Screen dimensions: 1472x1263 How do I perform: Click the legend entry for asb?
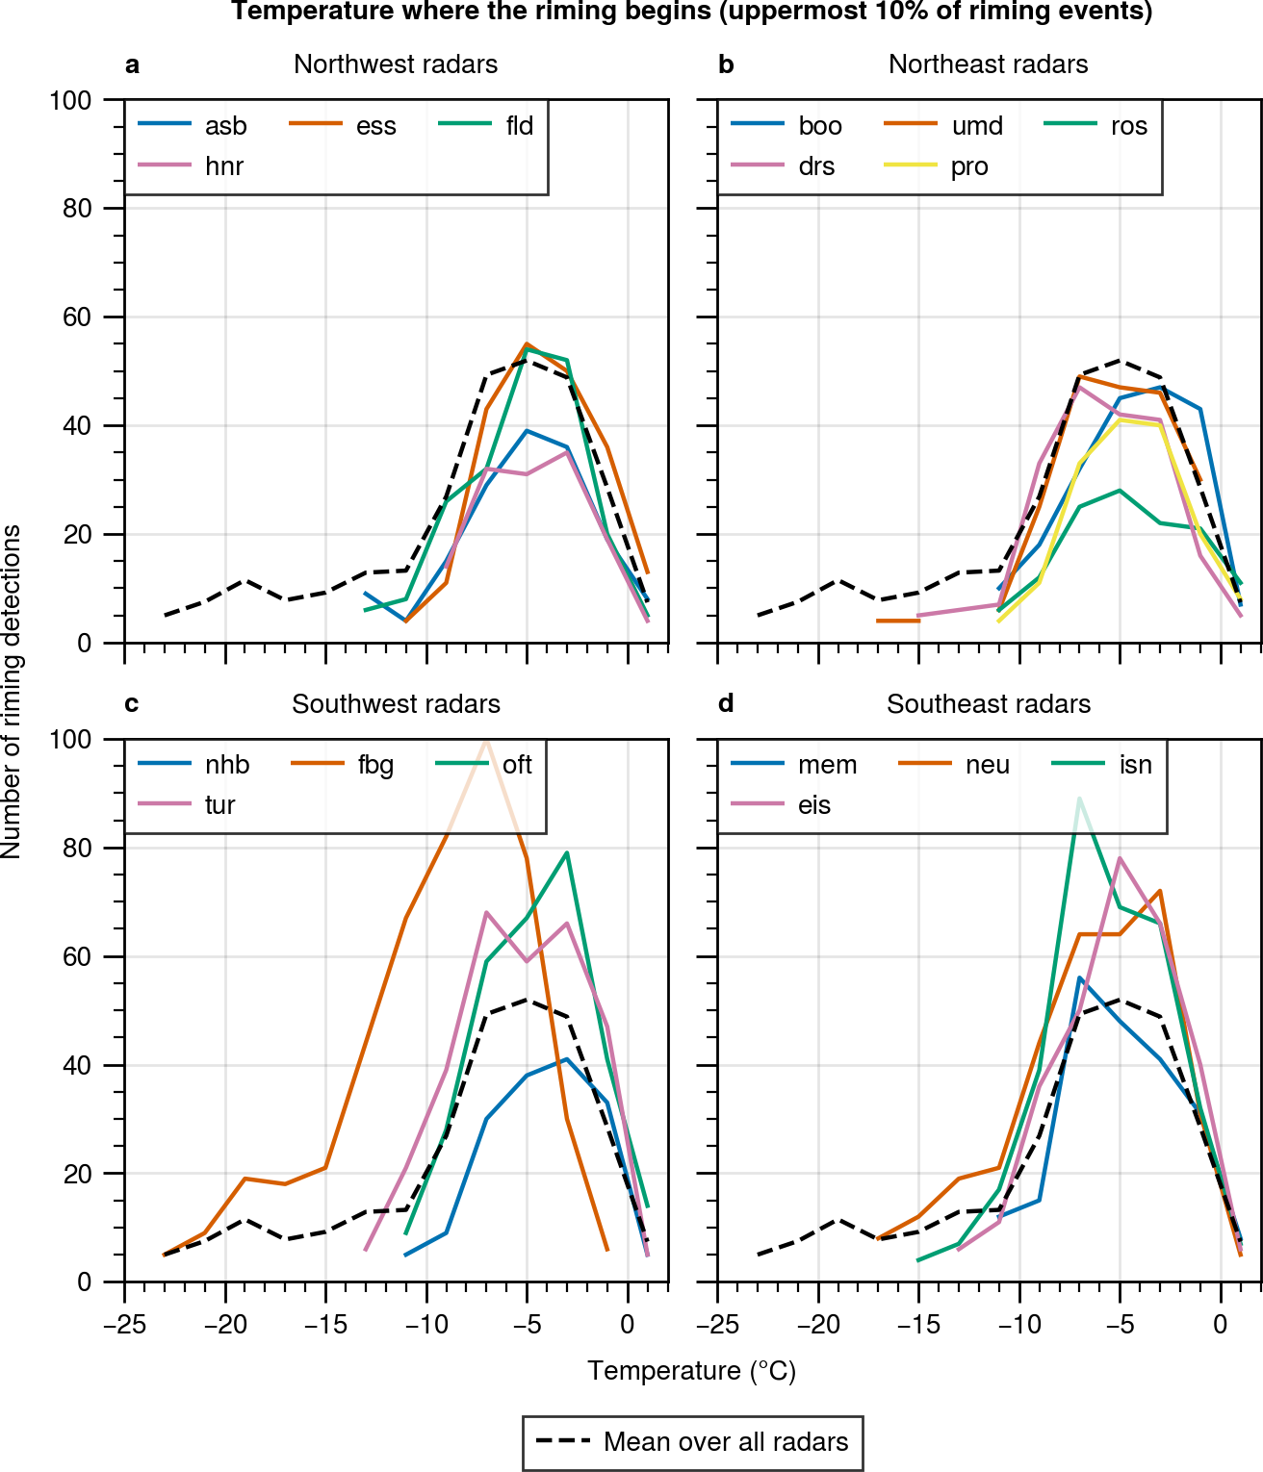225,126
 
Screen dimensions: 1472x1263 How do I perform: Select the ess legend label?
375,126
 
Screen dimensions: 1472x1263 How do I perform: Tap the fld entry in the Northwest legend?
519,126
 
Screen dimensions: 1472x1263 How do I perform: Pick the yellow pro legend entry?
968,166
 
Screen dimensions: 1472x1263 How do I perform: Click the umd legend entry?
976,126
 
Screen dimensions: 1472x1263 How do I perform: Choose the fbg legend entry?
375,765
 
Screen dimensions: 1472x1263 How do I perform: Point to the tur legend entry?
219,805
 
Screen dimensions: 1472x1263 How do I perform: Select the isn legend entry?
1135,765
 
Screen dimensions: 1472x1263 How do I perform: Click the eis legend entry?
813,805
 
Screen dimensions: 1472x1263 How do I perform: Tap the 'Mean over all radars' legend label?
726,1442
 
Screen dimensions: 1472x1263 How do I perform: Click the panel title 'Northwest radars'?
396,64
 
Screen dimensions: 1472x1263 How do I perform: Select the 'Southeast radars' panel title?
989,704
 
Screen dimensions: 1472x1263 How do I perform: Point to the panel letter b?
726,64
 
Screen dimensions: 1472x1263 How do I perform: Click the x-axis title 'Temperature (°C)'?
691,1371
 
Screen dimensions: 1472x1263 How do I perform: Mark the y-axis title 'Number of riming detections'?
12,691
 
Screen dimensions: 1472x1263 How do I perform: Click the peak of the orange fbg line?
487,740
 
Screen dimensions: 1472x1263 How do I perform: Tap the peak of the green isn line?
1079,799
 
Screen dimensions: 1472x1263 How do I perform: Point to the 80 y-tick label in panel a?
77,209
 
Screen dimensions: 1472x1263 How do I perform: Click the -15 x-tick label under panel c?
325,1325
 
